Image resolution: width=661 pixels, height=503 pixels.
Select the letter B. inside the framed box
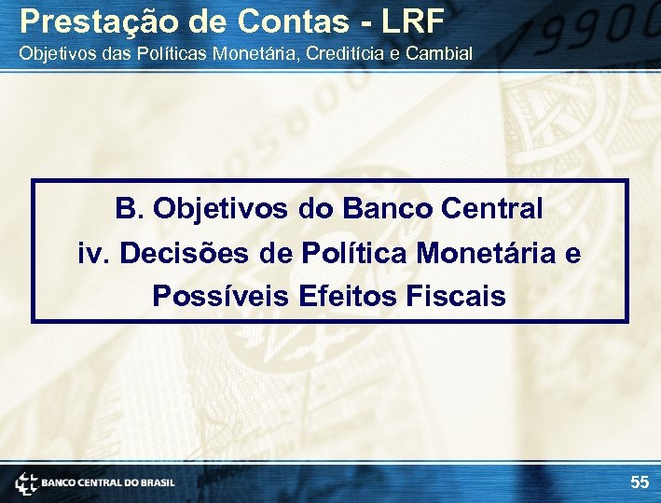pyautogui.click(x=130, y=209)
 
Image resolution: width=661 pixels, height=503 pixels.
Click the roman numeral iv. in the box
pyautogui.click(x=93, y=253)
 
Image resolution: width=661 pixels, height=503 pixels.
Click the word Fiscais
pyautogui.click(x=457, y=297)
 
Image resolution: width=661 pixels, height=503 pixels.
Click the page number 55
pyautogui.click(x=639, y=482)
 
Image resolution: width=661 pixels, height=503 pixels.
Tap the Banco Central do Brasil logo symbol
pyautogui.click(x=26, y=483)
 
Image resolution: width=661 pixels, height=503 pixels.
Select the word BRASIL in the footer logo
pyautogui.click(x=156, y=483)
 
